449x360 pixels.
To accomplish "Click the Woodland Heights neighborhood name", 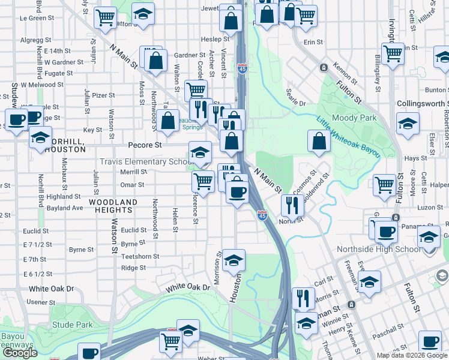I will click(x=113, y=206).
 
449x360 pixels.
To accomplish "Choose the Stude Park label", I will click(x=72, y=325).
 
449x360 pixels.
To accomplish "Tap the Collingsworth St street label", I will click(x=422, y=104).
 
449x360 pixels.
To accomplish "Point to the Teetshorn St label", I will click(x=140, y=256).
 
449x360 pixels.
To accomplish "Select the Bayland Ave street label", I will click(x=61, y=208).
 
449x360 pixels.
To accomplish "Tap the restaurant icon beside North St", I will click(x=292, y=205).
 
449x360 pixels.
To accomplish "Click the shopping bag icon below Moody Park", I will click(x=319, y=141).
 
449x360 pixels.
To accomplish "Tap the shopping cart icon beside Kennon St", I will click(x=393, y=53).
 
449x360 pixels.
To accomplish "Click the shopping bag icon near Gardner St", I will click(x=155, y=61).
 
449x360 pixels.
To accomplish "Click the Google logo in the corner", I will click(x=20, y=353).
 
